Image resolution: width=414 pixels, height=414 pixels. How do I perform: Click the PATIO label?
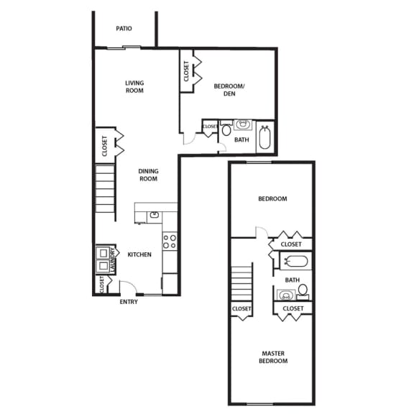pos(125,29)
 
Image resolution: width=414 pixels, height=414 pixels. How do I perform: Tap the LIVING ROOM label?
pos(134,86)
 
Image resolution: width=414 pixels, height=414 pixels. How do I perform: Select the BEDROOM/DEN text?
pos(230,91)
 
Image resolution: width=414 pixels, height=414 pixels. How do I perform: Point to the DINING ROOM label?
pos(148,175)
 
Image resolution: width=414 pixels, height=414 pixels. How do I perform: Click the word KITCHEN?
pos(139,254)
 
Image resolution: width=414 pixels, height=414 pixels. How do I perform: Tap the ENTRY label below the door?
pos(129,301)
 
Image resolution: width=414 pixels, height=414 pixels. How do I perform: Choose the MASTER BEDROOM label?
pos(274,356)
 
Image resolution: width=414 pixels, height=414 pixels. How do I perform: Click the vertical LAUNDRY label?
pos(112,264)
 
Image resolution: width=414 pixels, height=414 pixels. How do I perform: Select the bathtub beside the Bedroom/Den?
pos(264,137)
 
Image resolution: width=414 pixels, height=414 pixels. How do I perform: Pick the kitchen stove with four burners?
pos(170,241)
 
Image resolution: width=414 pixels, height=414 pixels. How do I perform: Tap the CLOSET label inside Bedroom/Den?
pos(186,70)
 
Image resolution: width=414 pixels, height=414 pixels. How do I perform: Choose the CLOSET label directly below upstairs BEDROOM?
pos(291,244)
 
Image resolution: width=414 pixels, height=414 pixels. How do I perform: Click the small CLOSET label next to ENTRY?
pos(101,285)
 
